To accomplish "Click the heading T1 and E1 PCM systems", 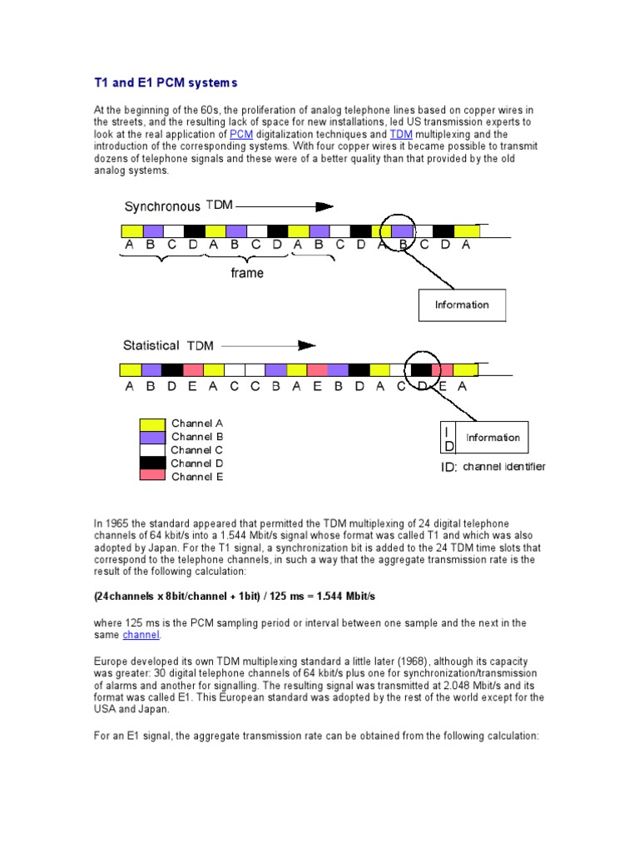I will click(165, 82).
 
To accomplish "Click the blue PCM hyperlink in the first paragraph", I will click(240, 134).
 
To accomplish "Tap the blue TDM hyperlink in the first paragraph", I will click(402, 134).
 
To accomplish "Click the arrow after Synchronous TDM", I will click(285, 206).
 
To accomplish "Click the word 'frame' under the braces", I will click(247, 273).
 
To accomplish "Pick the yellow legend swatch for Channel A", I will click(152, 424).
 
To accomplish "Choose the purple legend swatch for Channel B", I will click(152, 437).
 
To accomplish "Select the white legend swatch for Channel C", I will click(152, 450).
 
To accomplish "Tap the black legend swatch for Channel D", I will click(152, 463).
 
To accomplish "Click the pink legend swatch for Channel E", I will click(152, 476).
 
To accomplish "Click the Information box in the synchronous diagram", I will click(462, 305).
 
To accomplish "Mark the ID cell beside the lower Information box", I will click(448, 438).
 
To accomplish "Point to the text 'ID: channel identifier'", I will click(493, 467).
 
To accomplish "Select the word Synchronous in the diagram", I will click(162, 206).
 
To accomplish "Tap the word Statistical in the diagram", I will click(151, 345).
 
